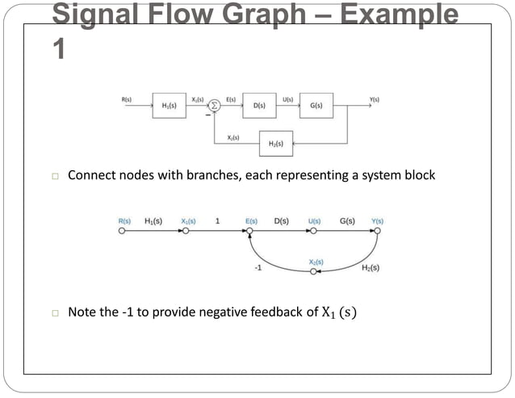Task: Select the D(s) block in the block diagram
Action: click(259, 105)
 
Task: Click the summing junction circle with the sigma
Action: click(215, 105)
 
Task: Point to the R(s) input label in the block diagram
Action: click(127, 98)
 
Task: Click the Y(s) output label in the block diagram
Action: click(374, 98)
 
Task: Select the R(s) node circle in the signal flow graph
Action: click(122, 230)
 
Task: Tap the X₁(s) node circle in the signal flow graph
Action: click(186, 230)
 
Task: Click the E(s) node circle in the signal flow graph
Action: click(250, 230)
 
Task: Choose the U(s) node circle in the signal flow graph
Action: click(314, 230)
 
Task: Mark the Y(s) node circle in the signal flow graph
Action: click(377, 230)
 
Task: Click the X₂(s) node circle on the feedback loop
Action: click(314, 272)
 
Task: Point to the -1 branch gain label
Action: click(257, 268)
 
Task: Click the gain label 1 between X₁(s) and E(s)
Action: click(217, 220)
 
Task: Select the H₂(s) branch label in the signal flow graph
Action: click(371, 267)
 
